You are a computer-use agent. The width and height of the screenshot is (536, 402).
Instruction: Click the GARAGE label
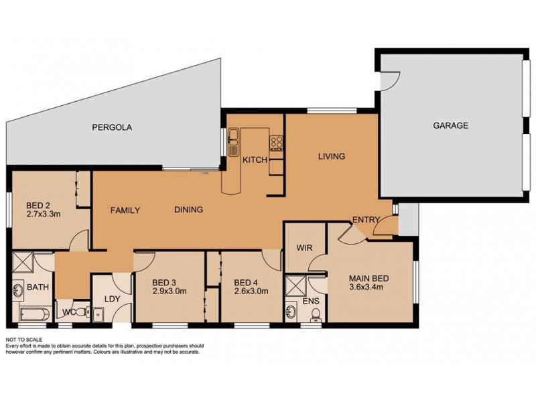[x=450, y=125]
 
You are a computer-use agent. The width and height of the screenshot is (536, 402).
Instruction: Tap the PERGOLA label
[x=111, y=126]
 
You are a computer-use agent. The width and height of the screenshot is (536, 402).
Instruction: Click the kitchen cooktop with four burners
[x=275, y=141]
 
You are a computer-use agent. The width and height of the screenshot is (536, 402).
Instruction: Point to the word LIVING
[x=331, y=157]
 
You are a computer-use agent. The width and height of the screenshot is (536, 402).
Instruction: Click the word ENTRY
[x=366, y=220]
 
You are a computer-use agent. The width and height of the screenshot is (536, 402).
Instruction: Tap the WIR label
[x=305, y=248]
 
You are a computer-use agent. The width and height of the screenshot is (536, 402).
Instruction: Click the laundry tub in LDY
[x=98, y=313]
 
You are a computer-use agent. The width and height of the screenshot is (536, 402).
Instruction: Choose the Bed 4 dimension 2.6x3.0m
[x=252, y=291]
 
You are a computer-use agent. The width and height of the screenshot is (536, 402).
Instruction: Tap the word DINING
[x=188, y=210]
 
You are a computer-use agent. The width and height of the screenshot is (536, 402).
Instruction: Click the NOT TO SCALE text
[x=24, y=340]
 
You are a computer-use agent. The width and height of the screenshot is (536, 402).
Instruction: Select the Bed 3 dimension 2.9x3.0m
[x=168, y=291]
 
